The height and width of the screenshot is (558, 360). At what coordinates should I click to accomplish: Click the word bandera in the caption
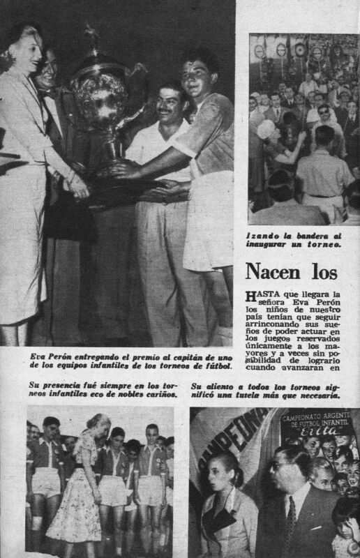click(x=317, y=237)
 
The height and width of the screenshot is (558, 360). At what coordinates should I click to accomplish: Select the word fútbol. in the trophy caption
click(x=212, y=367)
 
